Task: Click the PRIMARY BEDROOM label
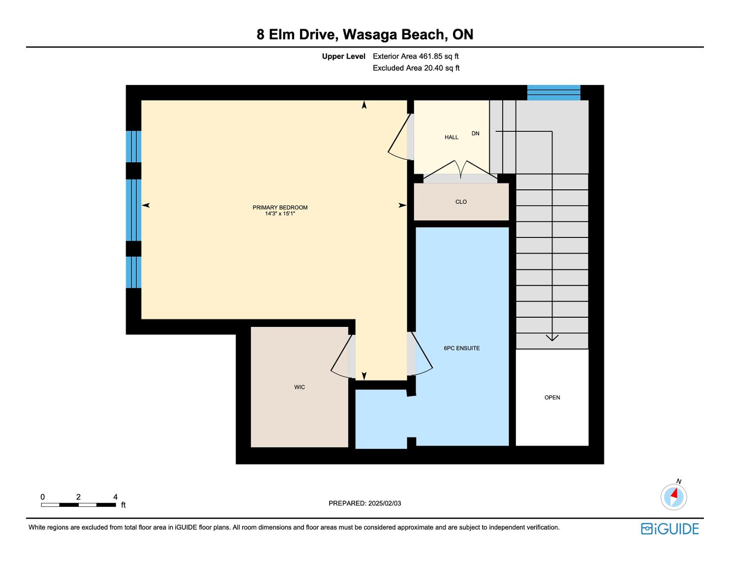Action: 280,208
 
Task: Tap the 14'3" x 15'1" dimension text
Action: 280,213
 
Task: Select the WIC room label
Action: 299,387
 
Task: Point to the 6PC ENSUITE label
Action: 461,348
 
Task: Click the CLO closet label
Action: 461,202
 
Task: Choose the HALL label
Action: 452,137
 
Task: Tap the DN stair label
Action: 475,133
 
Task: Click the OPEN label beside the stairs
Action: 552,397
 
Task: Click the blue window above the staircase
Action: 553,92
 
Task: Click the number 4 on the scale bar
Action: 115,497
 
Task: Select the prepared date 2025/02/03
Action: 385,503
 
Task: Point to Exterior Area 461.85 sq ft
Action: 416,57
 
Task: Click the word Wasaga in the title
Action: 370,34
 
